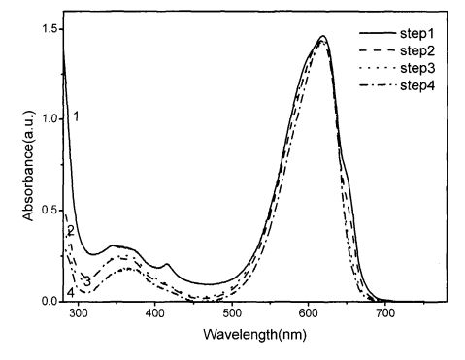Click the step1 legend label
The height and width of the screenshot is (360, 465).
click(x=417, y=33)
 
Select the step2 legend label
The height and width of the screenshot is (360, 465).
click(x=417, y=50)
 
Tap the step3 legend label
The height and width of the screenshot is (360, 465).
click(x=417, y=68)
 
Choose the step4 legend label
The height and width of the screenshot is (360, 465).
click(x=417, y=85)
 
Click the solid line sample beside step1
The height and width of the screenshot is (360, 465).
click(x=378, y=33)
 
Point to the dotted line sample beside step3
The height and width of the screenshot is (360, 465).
click(x=378, y=68)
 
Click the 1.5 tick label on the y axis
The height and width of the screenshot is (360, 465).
click(x=49, y=29)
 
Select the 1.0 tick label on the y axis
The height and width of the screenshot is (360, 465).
click(x=49, y=119)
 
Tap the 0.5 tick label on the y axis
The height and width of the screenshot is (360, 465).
click(x=49, y=211)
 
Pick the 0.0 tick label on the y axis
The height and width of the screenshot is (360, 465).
click(x=49, y=301)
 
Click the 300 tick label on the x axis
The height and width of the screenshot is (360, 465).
click(x=79, y=313)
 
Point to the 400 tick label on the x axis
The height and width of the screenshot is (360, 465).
click(x=155, y=313)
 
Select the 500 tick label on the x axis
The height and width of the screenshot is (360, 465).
click(x=232, y=313)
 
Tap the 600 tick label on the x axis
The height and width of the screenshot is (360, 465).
click(x=308, y=313)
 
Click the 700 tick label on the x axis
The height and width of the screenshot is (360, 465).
click(x=385, y=313)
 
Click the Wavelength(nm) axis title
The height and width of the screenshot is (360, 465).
click(x=255, y=334)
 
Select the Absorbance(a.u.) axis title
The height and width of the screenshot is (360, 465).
click(x=28, y=166)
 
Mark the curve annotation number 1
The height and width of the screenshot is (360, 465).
click(x=76, y=116)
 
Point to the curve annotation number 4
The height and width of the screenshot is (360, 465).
click(x=71, y=293)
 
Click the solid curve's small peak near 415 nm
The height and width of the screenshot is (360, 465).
click(x=167, y=264)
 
